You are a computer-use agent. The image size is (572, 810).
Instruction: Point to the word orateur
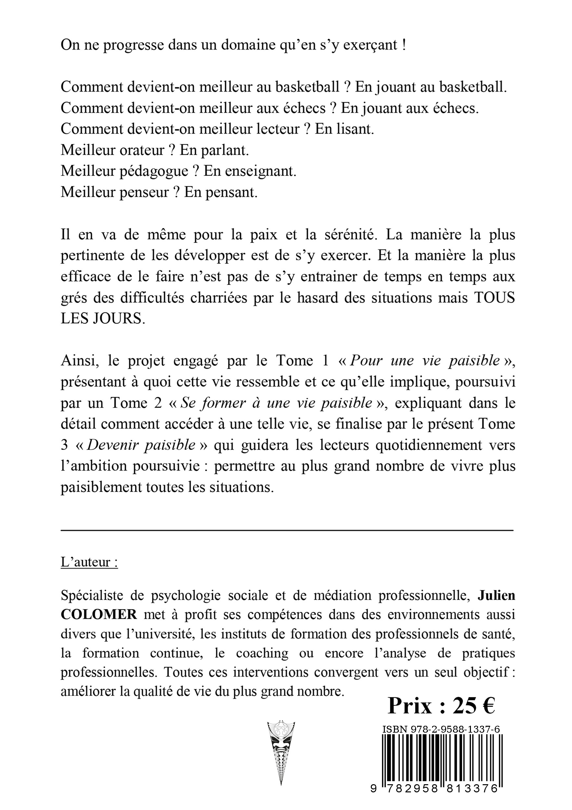tap(142, 150)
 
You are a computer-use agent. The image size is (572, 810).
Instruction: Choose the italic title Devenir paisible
tap(141, 445)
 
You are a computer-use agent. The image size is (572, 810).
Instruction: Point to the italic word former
tap(220, 403)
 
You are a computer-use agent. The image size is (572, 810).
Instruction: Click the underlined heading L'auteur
tap(89, 562)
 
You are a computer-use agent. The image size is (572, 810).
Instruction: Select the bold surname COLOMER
tap(99, 615)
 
